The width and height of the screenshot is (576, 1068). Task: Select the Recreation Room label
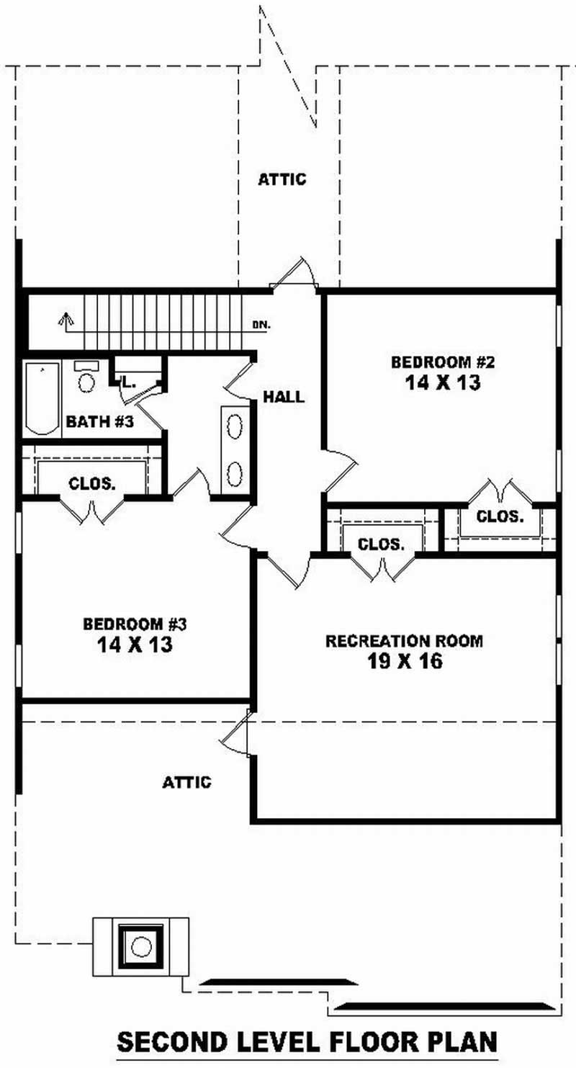pos(404,640)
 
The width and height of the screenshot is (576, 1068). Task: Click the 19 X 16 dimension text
pos(404,661)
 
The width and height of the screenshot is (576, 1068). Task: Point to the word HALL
pos(283,396)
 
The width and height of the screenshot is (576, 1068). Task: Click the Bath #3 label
pos(100,422)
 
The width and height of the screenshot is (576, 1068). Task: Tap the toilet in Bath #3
pos(87,378)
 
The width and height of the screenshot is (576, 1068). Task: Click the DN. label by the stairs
pos(261,325)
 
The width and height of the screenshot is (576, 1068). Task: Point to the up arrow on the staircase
pos(66,319)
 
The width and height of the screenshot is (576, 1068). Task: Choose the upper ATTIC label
pos(282,179)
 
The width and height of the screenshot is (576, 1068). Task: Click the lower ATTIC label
pos(187,782)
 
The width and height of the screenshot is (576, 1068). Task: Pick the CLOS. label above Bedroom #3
pos(91,484)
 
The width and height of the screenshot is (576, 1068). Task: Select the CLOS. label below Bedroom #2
pos(500,516)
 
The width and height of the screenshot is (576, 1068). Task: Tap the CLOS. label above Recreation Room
pos(381,544)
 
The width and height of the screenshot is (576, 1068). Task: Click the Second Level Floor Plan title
pos(307,1042)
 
